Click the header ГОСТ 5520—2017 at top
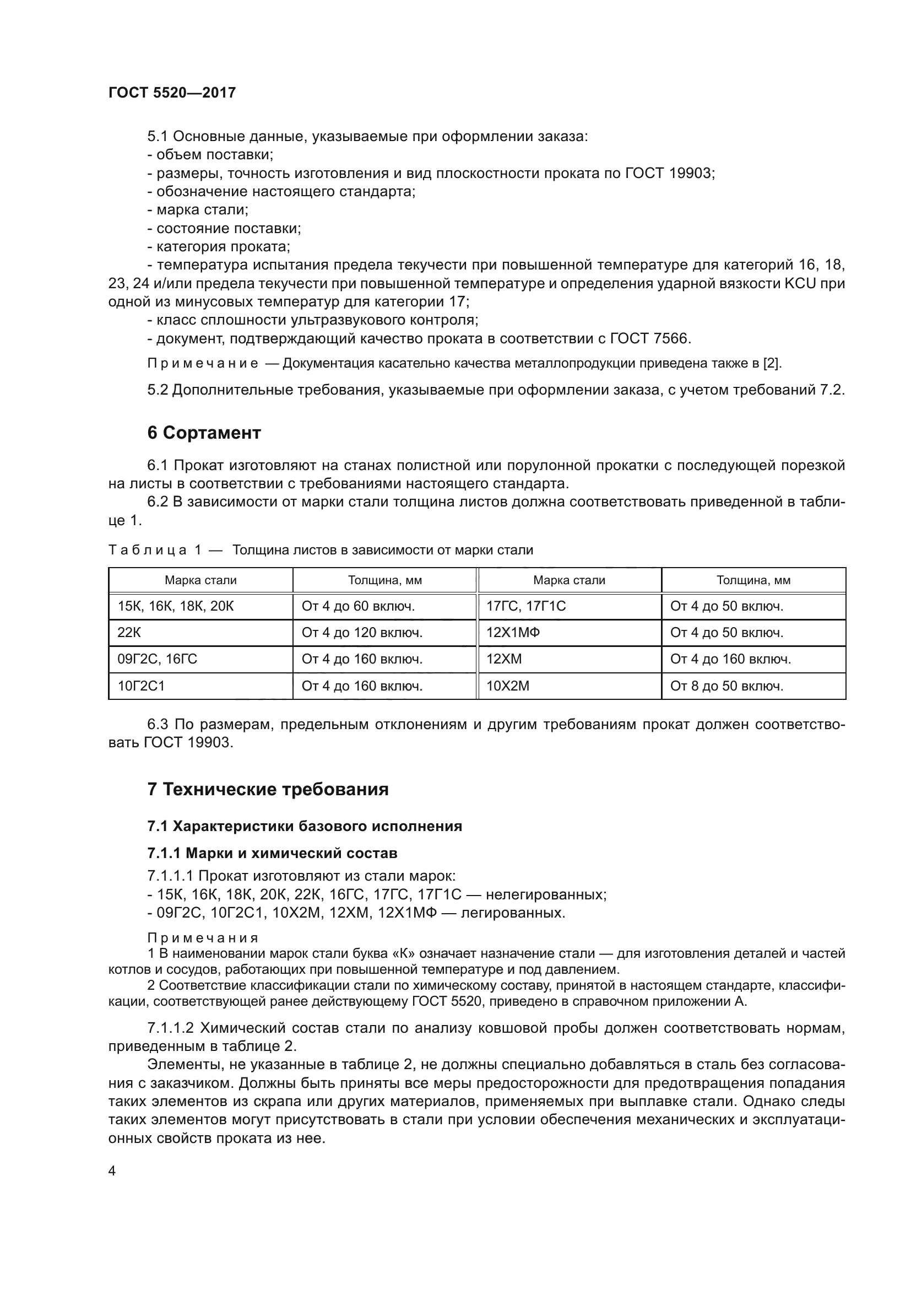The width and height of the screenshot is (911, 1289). [x=172, y=93]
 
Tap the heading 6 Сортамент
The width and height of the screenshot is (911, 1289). [x=204, y=433]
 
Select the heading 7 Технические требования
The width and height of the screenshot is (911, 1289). [x=268, y=789]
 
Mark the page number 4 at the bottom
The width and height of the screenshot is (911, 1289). [x=112, y=1171]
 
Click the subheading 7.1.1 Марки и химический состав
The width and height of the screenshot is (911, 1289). [x=272, y=853]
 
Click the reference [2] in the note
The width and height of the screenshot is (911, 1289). [x=772, y=363]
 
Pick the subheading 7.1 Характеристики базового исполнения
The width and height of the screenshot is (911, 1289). [x=305, y=826]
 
